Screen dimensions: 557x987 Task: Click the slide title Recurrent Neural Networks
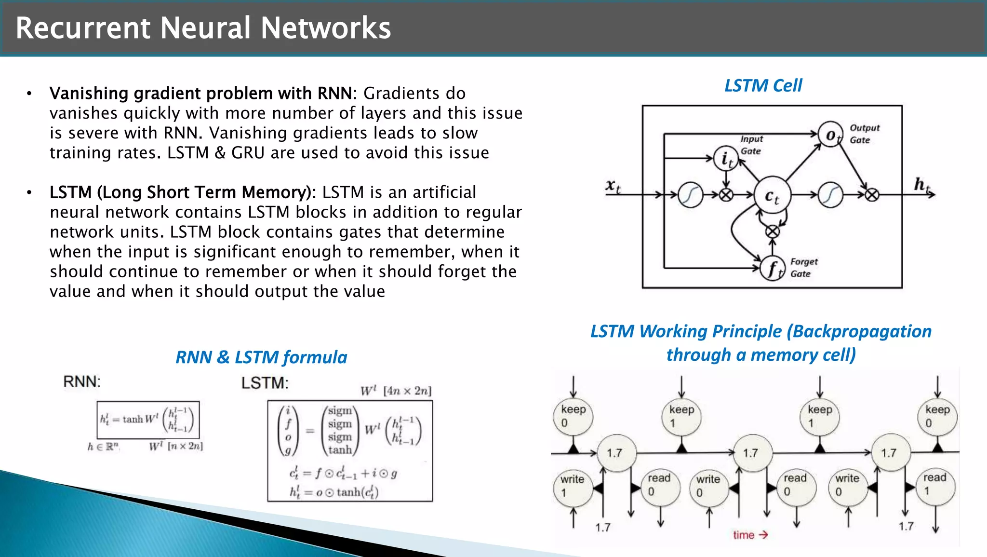pyautogui.click(x=203, y=27)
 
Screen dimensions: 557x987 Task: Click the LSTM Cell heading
pyautogui.click(x=763, y=85)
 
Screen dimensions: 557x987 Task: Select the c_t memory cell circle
pyautogui.click(x=772, y=195)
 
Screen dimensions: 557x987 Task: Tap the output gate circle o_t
pyautogui.click(x=830, y=135)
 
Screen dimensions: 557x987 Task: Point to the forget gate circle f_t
pyautogui.click(x=773, y=269)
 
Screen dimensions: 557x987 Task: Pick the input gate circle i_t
pyautogui.click(x=726, y=158)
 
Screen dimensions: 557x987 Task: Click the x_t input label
pyautogui.click(x=613, y=186)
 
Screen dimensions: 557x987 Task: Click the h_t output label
pyautogui.click(x=922, y=184)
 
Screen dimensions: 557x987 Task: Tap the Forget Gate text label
pyautogui.click(x=803, y=267)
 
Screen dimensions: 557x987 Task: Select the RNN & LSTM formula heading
pyautogui.click(x=261, y=357)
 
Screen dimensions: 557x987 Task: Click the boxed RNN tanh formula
pyautogui.click(x=148, y=420)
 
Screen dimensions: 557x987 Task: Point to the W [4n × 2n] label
pyautogui.click(x=396, y=391)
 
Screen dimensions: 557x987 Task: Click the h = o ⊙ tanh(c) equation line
pyautogui.click(x=333, y=492)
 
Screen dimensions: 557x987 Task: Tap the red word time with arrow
pyautogui.click(x=750, y=535)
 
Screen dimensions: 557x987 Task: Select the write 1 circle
pyautogui.click(x=573, y=486)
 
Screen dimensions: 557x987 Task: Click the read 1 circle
pyautogui.click(x=935, y=484)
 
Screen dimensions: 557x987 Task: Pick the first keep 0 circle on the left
pyautogui.click(x=573, y=416)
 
